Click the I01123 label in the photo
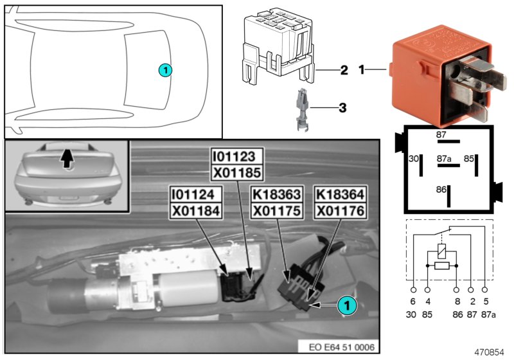coord(236,156)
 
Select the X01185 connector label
coord(236,172)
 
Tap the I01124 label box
coord(196,194)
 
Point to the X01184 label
coord(196,211)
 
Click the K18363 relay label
coord(277,194)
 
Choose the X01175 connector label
coord(277,211)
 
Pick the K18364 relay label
coord(341,194)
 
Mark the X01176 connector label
coord(341,211)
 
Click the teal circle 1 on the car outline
coord(165,70)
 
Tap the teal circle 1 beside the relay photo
coord(347,305)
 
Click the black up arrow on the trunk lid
coord(67,159)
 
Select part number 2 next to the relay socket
coord(344,70)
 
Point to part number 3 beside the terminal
coord(342,107)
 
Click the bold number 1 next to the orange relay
coord(361,69)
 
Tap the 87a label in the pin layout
coord(444,159)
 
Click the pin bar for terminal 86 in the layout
coord(448,196)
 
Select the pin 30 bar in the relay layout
coord(421,165)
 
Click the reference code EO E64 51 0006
coord(342,347)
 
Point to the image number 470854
coord(489,352)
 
